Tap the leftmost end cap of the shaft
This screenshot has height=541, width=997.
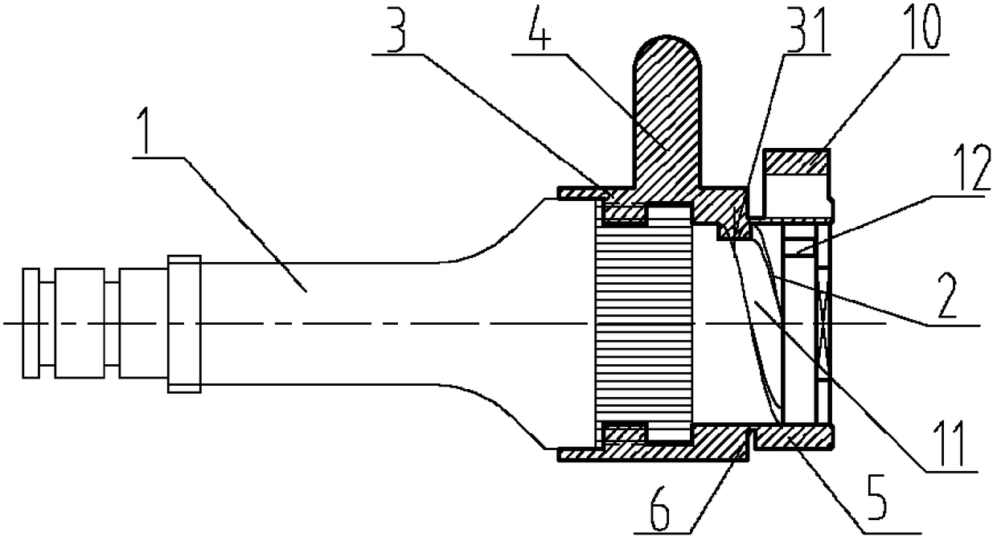[30, 323]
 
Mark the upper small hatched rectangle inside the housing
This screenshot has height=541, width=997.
[624, 214]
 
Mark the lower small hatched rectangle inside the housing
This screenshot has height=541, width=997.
[624, 434]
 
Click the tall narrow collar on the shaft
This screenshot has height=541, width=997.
[184, 323]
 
